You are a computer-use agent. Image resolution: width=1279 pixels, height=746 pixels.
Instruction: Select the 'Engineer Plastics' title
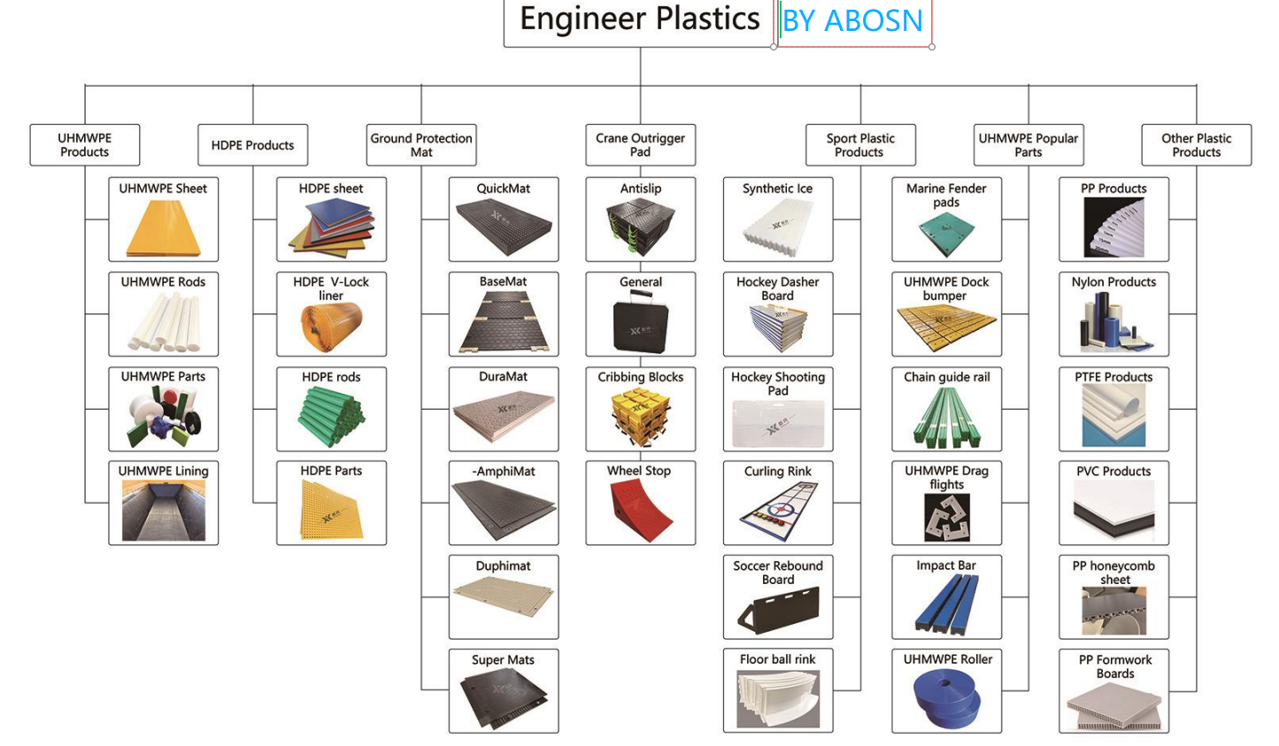(639, 19)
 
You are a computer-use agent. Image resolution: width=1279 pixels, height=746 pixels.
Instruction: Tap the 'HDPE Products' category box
(252, 145)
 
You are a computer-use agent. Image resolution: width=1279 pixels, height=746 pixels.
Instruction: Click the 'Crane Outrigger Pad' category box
(640, 145)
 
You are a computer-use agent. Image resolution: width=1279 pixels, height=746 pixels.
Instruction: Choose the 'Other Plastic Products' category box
(1196, 145)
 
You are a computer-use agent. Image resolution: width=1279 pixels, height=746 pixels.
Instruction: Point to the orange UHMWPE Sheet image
(164, 228)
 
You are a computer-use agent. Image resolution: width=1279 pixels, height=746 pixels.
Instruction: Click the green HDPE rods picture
(331, 416)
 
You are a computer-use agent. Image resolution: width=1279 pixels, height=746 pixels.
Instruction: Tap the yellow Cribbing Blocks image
(640, 416)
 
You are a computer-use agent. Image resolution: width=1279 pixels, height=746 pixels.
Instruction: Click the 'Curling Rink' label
(777, 472)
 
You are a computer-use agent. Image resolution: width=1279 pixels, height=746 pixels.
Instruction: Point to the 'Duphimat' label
(503, 566)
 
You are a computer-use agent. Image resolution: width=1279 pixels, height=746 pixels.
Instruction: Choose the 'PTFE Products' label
(1113, 377)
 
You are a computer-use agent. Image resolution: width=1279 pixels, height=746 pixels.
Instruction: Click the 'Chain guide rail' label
(946, 377)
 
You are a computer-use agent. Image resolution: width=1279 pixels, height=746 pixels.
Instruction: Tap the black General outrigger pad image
(640, 323)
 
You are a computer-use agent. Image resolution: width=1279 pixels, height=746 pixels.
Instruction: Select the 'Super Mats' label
(503, 660)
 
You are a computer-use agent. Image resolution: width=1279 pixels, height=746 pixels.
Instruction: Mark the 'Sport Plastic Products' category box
(859, 145)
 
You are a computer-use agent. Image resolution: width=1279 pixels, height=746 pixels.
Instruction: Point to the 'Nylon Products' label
(1113, 282)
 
